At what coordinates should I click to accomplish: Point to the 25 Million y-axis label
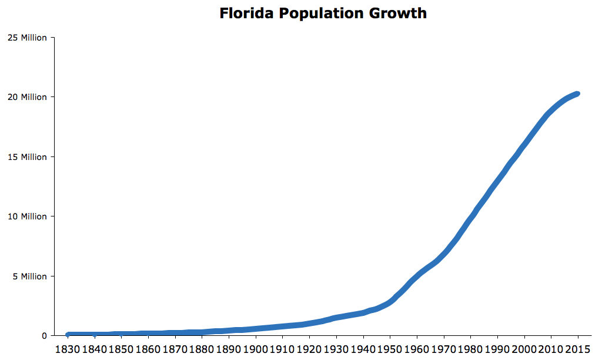(x=27, y=38)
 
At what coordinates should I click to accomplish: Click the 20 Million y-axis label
(x=27, y=97)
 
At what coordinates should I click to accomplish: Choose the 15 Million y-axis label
(x=27, y=157)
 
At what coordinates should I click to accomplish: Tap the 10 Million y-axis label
(x=27, y=216)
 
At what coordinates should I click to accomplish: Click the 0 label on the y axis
(x=44, y=336)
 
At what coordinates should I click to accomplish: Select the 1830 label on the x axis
(x=68, y=349)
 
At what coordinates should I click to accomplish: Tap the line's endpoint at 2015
(x=577, y=94)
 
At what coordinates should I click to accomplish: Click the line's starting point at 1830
(x=68, y=335)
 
